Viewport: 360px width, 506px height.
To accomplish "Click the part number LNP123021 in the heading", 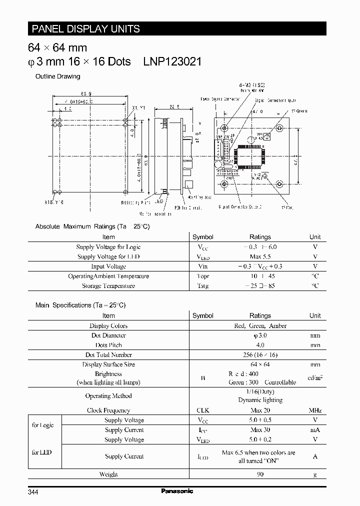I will point(172,61).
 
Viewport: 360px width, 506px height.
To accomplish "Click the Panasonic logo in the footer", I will point(177,491).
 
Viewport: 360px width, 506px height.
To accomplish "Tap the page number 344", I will point(33,492).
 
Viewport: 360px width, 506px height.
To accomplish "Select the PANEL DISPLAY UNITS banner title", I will point(85,28).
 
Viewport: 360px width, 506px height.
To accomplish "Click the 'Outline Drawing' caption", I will point(57,76).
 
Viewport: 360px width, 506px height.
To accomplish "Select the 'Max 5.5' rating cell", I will point(260,256).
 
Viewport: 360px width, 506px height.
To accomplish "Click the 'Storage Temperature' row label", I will point(108,286).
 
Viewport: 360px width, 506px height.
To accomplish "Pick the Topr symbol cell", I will point(202,276).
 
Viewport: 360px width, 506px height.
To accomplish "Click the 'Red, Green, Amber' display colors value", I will point(260,325).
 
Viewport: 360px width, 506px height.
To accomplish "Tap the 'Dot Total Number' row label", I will point(108,354).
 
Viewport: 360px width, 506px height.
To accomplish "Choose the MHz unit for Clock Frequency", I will point(315,410).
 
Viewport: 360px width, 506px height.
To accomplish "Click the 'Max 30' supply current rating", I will point(260,430).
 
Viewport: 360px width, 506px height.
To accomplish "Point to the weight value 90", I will point(260,474).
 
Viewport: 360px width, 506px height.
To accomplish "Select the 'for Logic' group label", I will point(42,425).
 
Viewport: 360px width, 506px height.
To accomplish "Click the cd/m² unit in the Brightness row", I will point(315,378).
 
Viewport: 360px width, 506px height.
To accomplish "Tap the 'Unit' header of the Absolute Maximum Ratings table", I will point(315,237).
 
